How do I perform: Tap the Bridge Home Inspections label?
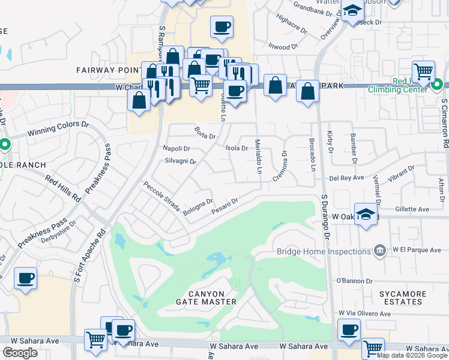click(322, 252)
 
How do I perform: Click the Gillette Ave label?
click(414, 209)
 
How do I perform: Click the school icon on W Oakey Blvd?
click(366, 214)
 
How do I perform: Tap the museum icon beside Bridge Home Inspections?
click(379, 250)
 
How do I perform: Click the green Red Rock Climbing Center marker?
click(438, 84)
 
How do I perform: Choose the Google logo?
click(20, 353)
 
